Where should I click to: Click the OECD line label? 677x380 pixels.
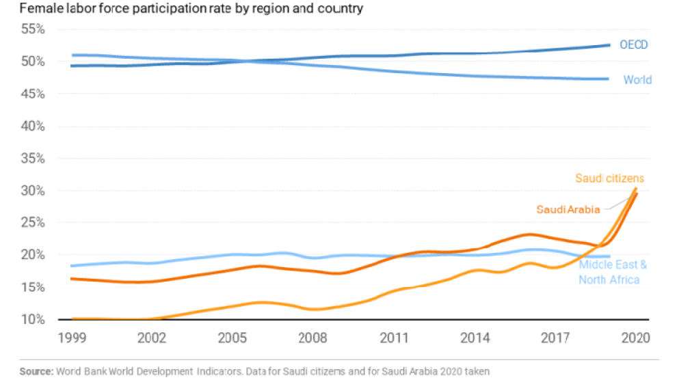click(633, 45)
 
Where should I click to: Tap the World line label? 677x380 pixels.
click(637, 80)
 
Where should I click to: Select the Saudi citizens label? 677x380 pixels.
click(609, 178)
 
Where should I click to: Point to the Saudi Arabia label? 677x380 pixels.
click(568, 209)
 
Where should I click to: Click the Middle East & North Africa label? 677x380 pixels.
click(612, 272)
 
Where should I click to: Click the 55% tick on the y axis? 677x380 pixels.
click(32, 29)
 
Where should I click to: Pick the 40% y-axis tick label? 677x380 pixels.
click(32, 126)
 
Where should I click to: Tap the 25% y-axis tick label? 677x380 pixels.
click(32, 223)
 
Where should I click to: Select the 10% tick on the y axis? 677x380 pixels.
click(32, 320)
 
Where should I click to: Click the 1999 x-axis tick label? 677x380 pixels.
click(72, 338)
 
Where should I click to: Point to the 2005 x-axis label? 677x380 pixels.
click(233, 338)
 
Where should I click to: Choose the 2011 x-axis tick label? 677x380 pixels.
click(395, 338)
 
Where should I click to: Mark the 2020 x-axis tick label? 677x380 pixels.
click(636, 338)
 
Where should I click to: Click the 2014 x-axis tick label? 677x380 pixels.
click(475, 338)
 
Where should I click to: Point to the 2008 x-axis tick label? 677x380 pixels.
click(314, 338)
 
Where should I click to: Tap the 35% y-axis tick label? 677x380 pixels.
click(32, 159)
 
